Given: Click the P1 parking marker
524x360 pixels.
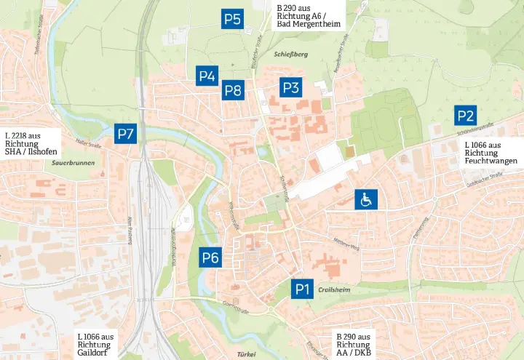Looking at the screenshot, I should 302,289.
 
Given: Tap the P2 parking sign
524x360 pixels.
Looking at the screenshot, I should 465,115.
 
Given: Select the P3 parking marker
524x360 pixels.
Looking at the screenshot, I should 290,88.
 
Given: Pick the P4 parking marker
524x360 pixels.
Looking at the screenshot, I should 207,75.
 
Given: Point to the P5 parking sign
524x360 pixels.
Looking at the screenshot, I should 232,20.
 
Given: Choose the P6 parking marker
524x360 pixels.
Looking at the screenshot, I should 210,257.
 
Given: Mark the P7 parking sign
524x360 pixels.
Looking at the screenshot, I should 125,133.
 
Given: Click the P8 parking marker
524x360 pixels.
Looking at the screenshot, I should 232,90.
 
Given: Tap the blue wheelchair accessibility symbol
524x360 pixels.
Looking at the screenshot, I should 365,199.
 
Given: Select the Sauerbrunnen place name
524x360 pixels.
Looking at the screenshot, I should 74,163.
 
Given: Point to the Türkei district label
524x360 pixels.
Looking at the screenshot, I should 246,353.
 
